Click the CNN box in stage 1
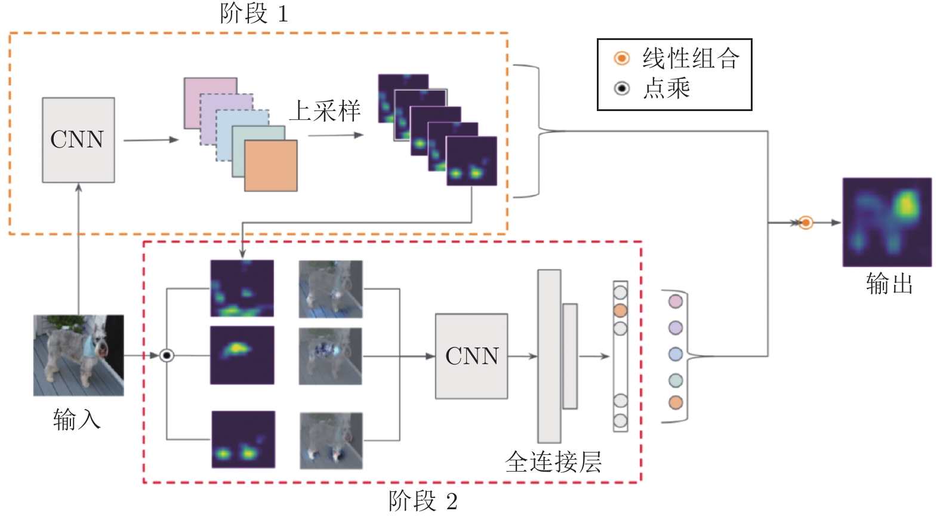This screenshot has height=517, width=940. coord(78,140)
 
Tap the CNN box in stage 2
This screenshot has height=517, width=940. coord(471,356)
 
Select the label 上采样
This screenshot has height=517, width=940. coord(325,111)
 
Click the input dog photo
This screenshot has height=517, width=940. coord(78,355)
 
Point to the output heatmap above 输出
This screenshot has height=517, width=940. coord(887,222)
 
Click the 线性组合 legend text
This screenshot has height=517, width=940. coord(691,58)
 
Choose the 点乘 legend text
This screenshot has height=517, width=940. coord(667,88)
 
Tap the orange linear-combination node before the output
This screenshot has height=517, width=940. coord(806,223)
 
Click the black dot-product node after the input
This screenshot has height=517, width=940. coord(167,356)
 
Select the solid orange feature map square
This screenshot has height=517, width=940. coord(271,166)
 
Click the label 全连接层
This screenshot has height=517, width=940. coord(553,462)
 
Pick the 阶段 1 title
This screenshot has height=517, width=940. coord(254,13)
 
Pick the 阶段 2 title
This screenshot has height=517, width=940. coord(423,501)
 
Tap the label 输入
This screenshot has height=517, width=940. coord(77,419)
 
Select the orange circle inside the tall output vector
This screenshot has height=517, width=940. coord(620,311)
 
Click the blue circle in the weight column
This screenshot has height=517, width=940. coord(676,354)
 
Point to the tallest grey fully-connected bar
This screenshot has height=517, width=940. coord(549,356)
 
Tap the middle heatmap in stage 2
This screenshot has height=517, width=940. coord(242,355)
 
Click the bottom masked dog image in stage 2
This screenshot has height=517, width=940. coord(331,441)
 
